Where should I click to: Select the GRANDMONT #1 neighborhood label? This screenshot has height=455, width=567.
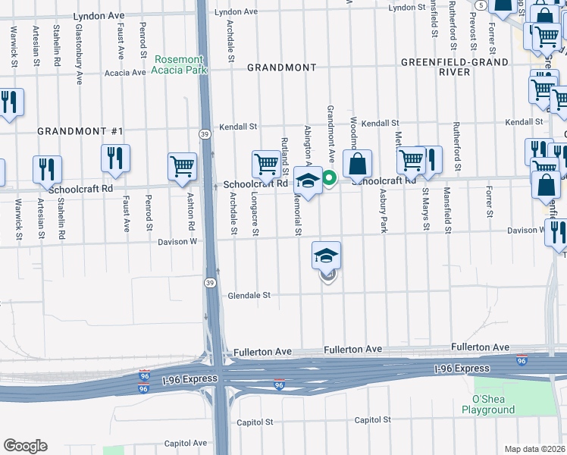[80, 131]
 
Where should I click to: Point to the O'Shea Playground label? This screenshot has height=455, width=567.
[488, 404]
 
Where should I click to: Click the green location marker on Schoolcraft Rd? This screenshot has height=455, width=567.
[329, 179]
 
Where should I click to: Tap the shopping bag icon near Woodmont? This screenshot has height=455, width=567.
[357, 164]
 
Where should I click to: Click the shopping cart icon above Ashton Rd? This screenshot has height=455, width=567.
[183, 166]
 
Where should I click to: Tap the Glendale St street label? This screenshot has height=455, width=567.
[249, 295]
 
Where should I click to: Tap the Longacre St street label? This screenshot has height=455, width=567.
[254, 212]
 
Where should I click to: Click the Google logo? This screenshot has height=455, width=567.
[25, 446]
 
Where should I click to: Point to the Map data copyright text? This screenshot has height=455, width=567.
[535, 449]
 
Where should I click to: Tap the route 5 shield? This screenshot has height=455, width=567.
[481, 5]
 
